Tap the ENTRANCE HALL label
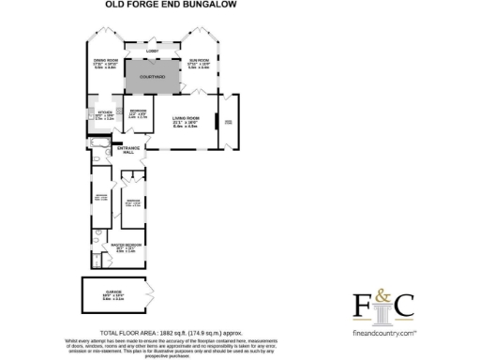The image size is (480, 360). [x=127, y=151]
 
